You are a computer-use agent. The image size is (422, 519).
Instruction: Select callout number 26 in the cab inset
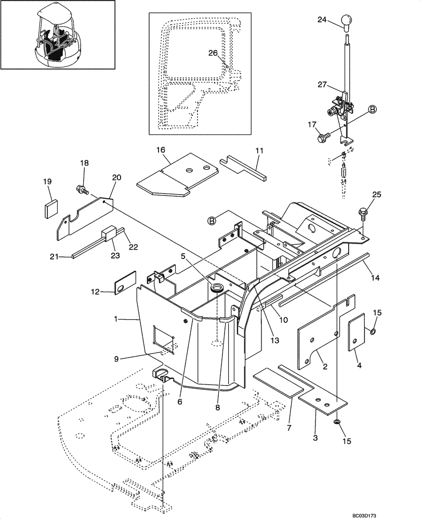click(x=213, y=53)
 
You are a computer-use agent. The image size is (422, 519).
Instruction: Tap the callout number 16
click(x=161, y=149)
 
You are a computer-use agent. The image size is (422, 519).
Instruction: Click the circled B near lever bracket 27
click(x=372, y=108)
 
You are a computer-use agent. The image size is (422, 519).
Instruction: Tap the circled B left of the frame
click(x=212, y=220)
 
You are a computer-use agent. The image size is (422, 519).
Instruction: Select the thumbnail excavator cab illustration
click(x=58, y=35)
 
